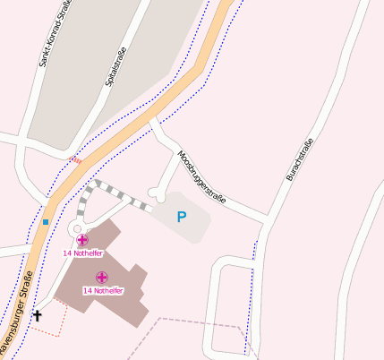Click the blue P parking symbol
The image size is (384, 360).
182,217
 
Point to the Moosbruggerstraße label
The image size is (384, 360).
201,175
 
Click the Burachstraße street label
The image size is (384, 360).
300,159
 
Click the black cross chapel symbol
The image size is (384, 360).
38,315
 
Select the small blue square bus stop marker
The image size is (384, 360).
45,221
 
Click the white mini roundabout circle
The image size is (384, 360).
75,229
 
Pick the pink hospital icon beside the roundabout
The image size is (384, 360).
82,240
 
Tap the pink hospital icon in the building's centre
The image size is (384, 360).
102,278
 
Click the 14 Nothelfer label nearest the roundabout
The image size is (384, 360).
80,253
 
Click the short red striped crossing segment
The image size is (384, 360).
75,161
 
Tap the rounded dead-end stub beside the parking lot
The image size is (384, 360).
158,192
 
